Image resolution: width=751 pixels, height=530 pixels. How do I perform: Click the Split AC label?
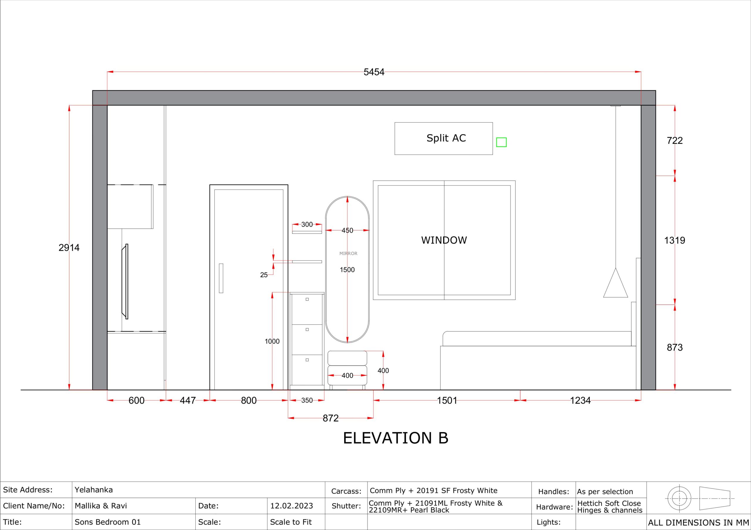tap(446, 138)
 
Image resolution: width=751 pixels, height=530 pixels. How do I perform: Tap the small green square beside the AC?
tap(501, 142)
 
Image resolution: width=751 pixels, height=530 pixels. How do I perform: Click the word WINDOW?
tap(444, 240)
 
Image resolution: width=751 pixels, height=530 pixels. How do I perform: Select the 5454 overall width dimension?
tap(374, 72)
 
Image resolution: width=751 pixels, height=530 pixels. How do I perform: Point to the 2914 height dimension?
tap(69, 248)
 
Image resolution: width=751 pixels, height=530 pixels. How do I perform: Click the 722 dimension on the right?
tap(674, 141)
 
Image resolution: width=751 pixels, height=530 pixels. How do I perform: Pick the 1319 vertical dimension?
tap(674, 241)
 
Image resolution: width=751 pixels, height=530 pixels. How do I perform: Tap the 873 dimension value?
tap(674, 347)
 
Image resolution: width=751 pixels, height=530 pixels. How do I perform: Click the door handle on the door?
tap(221, 278)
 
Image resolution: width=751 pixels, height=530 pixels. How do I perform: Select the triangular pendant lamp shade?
tap(615, 283)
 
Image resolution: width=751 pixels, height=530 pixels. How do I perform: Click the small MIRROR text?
tap(348, 253)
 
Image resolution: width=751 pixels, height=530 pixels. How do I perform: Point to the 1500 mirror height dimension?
tap(347, 270)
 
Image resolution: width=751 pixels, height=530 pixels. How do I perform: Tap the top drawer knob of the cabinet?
tap(307, 299)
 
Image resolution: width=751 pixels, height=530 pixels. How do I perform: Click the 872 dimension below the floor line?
tap(330, 418)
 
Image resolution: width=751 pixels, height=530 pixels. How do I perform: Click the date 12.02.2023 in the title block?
tap(291, 506)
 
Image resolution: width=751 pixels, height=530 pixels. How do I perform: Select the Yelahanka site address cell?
tap(94, 490)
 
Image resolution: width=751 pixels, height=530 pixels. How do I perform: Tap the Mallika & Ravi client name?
tap(101, 506)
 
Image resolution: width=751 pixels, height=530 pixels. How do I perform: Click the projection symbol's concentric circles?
tap(679, 498)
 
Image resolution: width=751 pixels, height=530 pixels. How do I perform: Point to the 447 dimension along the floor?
tap(188, 400)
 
